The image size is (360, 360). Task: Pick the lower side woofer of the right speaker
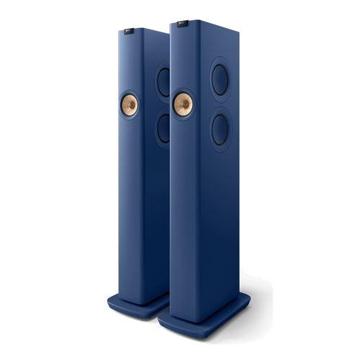[223, 127]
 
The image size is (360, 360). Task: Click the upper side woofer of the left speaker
[163, 80]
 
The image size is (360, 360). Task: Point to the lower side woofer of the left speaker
[164, 125]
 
